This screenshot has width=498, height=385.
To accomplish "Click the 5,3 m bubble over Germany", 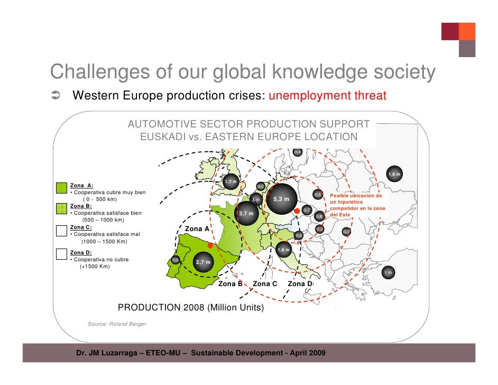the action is coord(281,199).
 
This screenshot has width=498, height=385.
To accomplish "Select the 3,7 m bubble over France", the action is coord(246,214).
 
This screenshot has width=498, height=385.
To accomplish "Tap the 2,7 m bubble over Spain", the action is coord(204,262).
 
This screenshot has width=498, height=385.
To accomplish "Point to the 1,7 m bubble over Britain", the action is coord(231,182).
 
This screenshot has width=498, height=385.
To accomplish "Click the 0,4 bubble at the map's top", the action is coord(298,152).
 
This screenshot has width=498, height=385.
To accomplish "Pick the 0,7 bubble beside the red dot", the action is coord(307,210).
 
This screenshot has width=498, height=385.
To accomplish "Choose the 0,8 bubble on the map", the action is coord(319,216).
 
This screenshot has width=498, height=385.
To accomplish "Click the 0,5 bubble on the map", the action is coord(317,195).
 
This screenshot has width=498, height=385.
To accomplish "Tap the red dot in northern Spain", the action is coord(210,246).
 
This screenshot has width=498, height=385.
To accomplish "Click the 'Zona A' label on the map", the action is coord(197,228).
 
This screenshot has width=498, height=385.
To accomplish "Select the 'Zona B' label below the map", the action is coord(230,284).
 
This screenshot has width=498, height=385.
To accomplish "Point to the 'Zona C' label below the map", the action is coord(265,284).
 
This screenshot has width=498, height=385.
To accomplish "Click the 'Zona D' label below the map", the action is coord(300,284).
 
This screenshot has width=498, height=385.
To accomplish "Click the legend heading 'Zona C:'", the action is coord(81,227).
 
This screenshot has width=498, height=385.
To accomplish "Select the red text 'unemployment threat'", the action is coord(328,96).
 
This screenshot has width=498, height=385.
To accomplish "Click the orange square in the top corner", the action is coord(467,31).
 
